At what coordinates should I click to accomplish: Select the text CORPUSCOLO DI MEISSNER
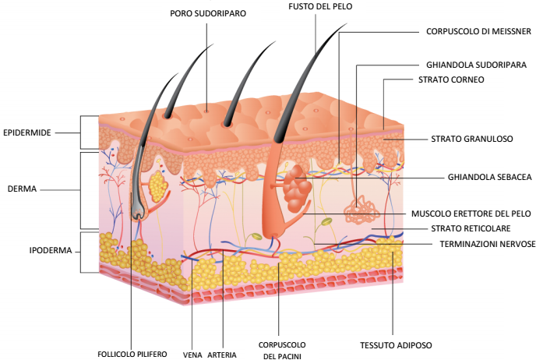click(478, 32)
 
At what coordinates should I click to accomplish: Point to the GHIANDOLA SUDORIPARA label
click(477, 65)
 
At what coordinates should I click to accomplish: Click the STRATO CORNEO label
click(451, 79)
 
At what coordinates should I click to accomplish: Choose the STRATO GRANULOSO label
click(471, 139)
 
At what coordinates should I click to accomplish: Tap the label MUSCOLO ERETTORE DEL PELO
click(471, 213)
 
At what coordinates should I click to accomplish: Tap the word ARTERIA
click(222, 354)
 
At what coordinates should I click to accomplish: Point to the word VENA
click(192, 354)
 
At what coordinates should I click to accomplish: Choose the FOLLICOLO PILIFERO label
click(132, 354)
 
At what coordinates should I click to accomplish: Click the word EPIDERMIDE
click(27, 132)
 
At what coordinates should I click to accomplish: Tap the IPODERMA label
click(28, 250)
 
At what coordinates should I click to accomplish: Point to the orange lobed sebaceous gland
click(295, 190)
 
